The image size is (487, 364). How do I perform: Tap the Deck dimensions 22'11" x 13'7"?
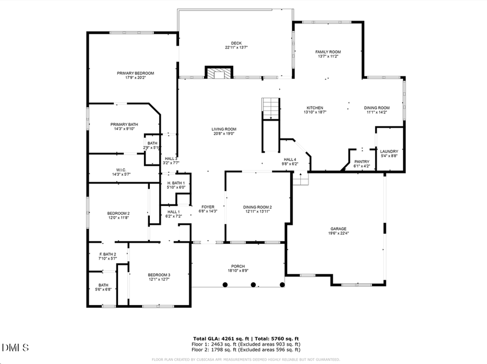(236, 48)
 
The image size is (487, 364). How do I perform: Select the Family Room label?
(328, 52)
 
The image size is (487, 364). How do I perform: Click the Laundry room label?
(389, 151)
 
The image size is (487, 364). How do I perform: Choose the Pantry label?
(361, 162)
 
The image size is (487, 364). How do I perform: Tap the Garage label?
(338, 229)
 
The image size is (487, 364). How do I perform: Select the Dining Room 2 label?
(257, 207)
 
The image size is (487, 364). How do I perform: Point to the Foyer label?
(208, 207)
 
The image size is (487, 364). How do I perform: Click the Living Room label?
(224, 129)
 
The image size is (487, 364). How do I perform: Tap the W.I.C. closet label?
(121, 169)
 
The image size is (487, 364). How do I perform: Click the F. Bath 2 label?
(108, 254)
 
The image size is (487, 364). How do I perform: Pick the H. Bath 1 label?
(176, 183)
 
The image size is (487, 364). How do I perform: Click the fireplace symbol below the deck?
(219, 72)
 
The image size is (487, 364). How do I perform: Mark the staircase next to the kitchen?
(270, 109)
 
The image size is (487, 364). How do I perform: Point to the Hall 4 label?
(291, 159)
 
